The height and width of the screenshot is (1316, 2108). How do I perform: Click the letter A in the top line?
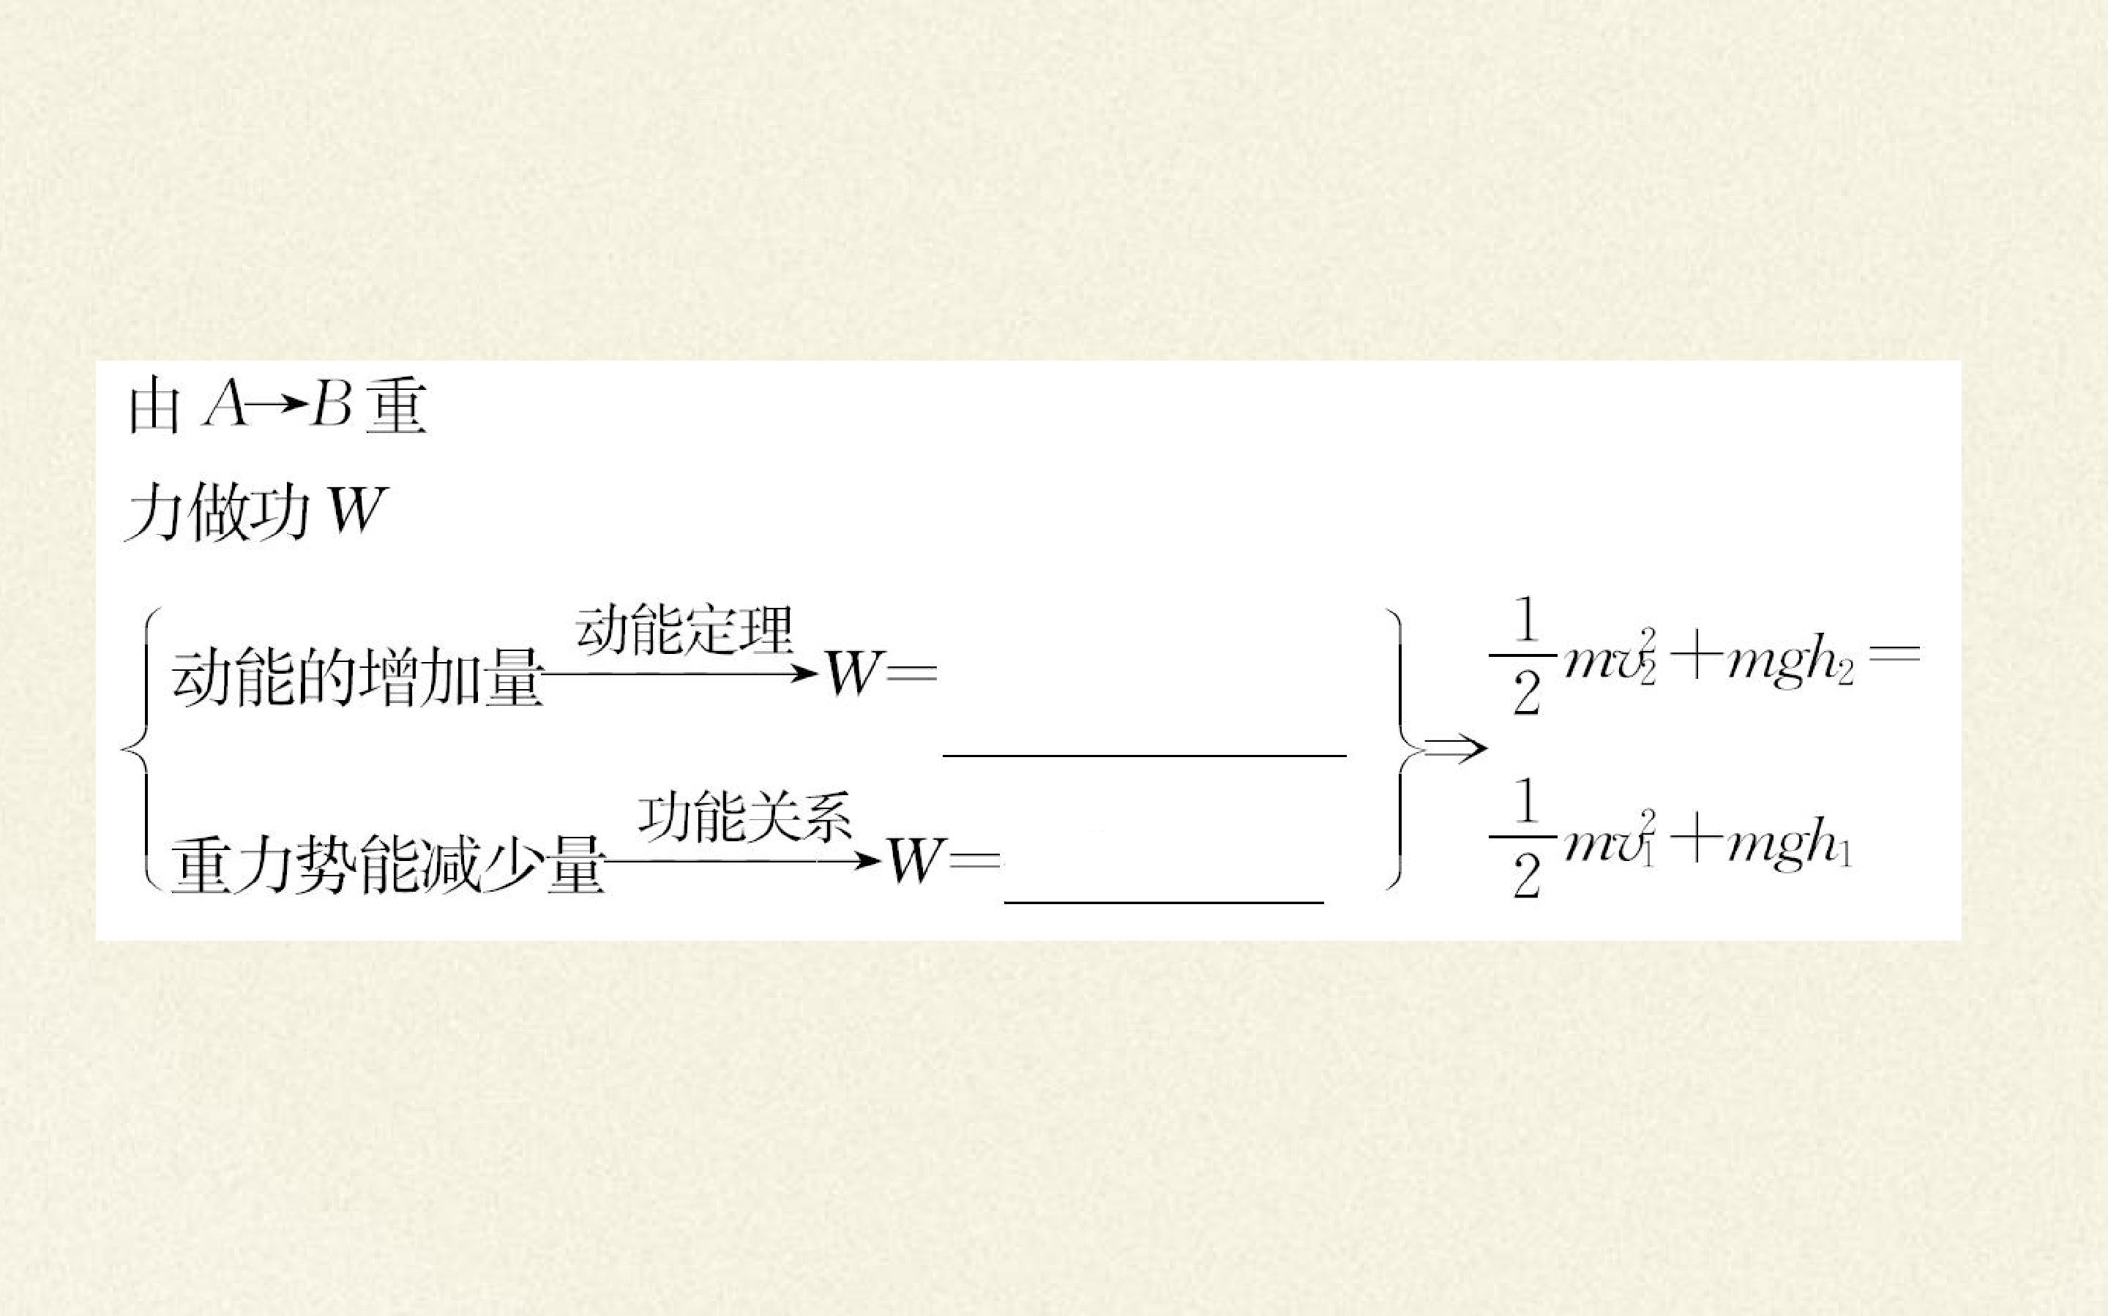click(225, 407)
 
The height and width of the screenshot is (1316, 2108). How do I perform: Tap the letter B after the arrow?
click(330, 407)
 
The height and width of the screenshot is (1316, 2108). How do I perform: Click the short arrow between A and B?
click(279, 407)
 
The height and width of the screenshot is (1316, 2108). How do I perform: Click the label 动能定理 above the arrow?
click(684, 629)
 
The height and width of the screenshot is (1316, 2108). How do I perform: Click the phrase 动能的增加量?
click(357, 678)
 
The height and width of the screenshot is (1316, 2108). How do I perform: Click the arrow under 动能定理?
click(681, 673)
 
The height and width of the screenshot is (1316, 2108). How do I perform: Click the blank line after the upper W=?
click(1144, 756)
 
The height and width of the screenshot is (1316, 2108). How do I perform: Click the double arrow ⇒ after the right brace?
click(1455, 748)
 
